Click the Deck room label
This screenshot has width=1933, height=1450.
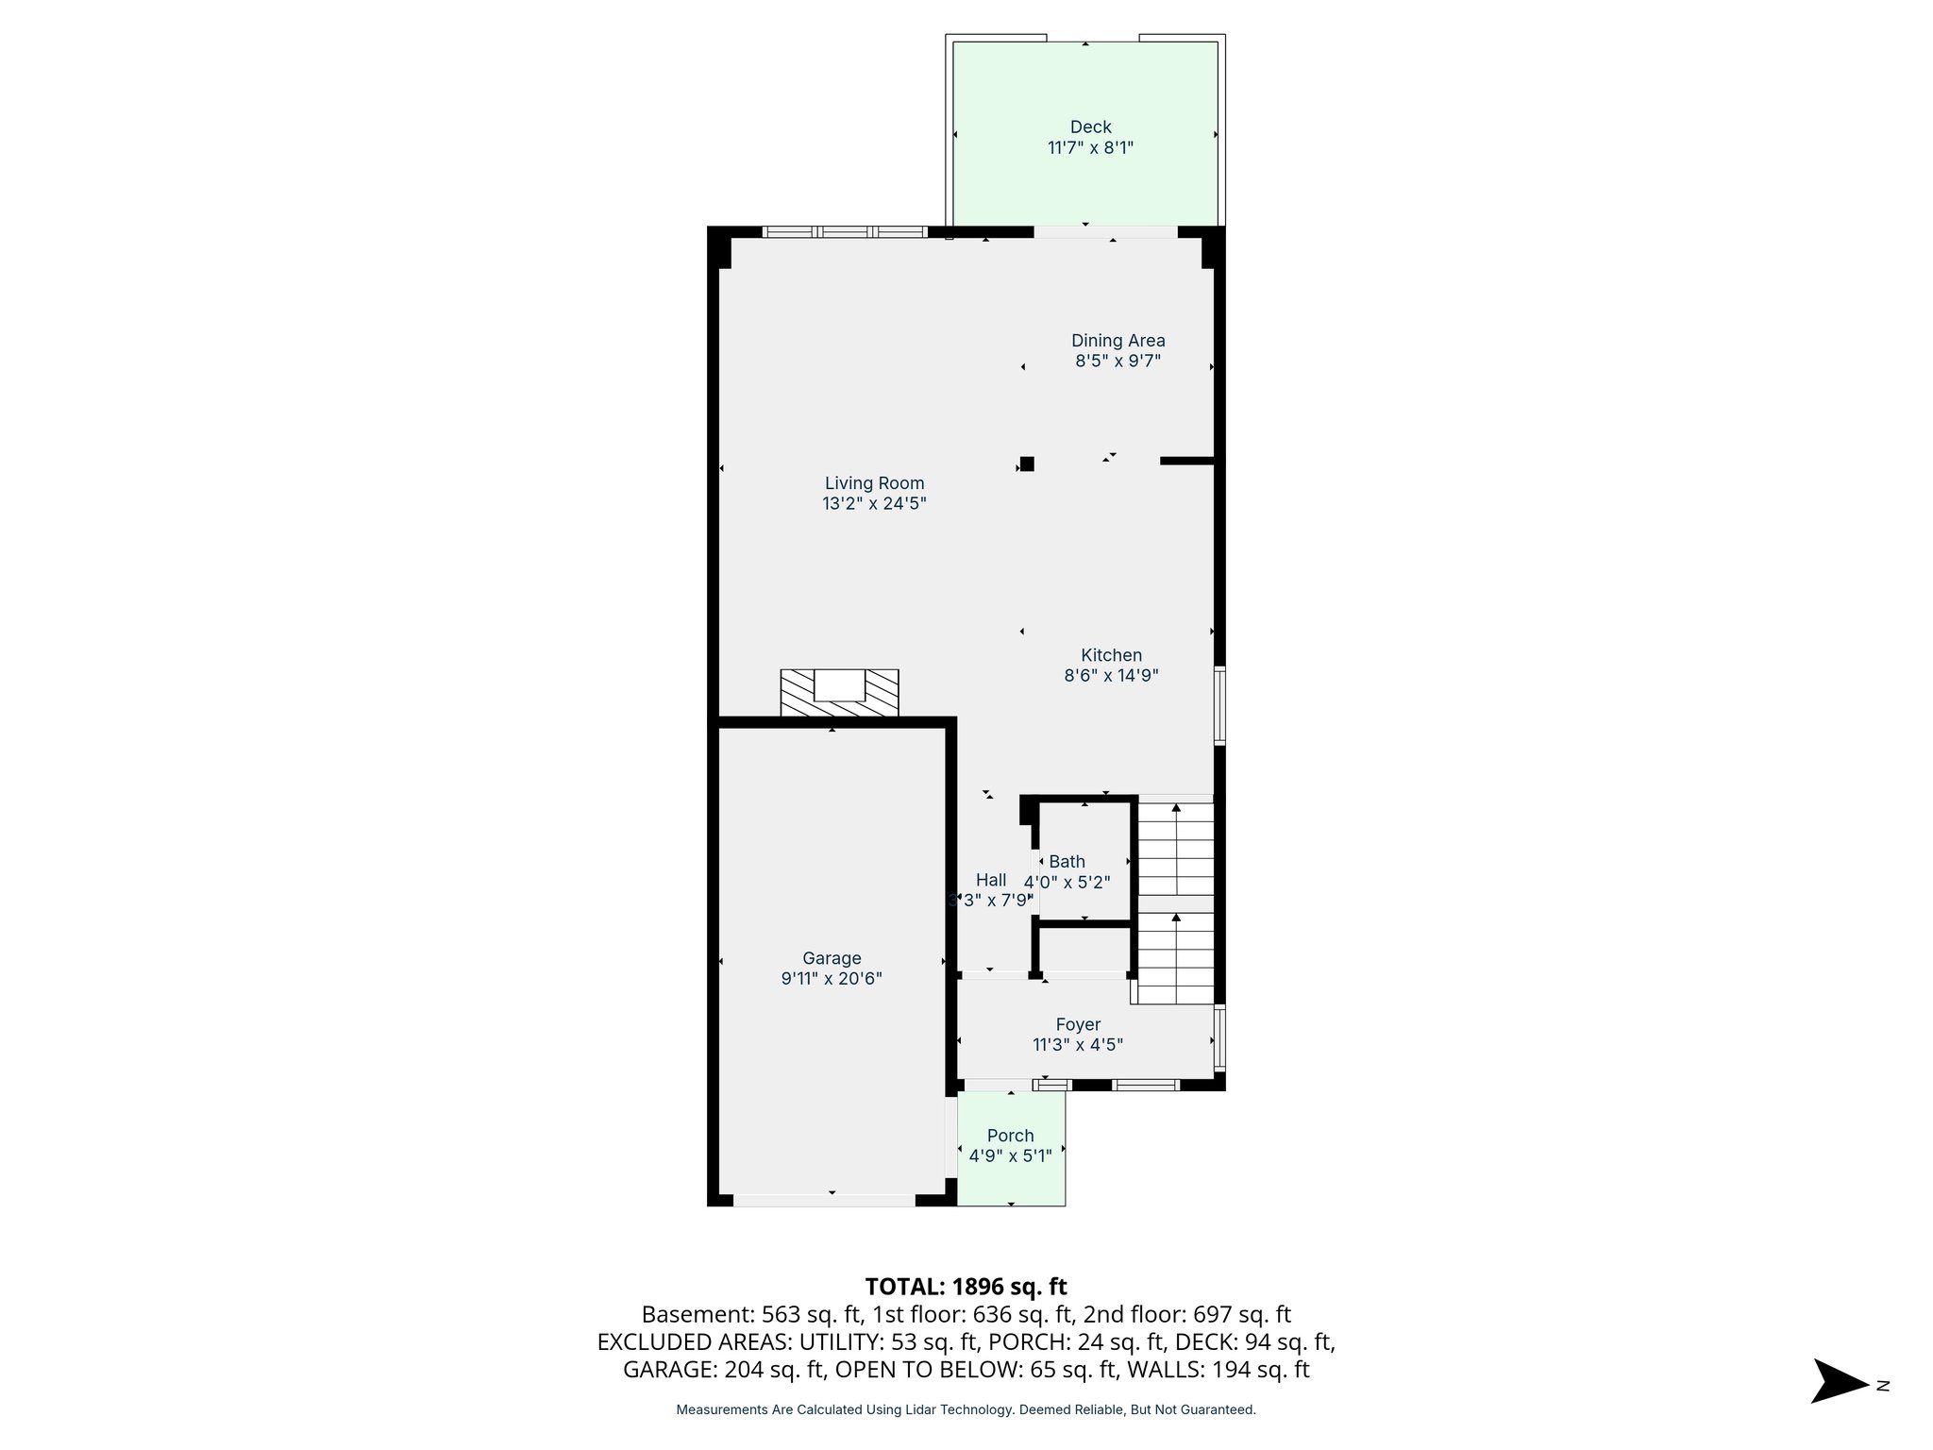[1090, 127]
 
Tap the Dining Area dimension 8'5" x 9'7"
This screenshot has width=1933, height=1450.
[1118, 361]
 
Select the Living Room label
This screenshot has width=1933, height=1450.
[874, 483]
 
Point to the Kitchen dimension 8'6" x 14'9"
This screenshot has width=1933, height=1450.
[1111, 676]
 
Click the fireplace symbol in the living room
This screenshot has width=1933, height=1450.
[839, 693]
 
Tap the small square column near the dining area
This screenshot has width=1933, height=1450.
[1027, 464]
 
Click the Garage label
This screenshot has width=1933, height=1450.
[832, 958]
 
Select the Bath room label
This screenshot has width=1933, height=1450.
[1067, 861]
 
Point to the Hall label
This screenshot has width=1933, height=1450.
[990, 880]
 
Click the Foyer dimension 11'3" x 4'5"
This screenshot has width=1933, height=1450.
[1078, 1045]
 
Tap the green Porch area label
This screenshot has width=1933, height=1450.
[1010, 1136]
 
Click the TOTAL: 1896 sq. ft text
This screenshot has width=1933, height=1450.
[966, 1287]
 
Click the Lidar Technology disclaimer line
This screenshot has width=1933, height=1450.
[966, 1410]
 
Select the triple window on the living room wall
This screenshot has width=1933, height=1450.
[844, 231]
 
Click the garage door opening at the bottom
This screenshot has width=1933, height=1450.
[824, 1200]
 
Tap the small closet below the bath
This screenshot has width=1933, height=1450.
[1084, 951]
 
